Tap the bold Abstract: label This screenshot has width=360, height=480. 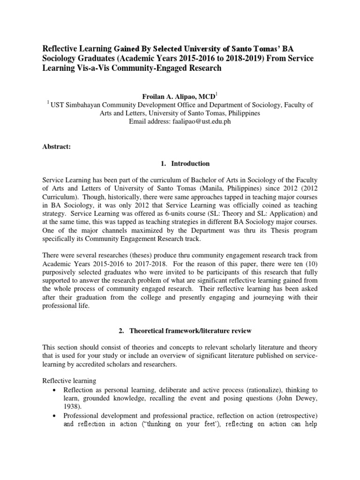point(56,147)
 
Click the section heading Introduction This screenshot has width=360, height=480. point(190,164)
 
